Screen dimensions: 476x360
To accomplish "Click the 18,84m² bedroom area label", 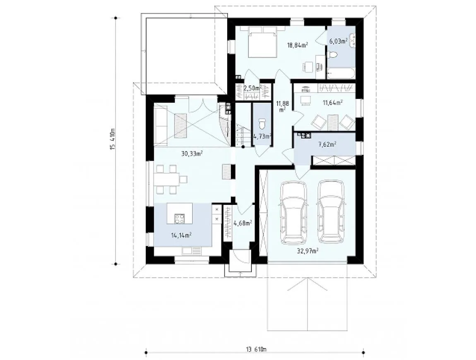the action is coord(298,46).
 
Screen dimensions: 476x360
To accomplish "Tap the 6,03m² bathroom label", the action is coord(338,41).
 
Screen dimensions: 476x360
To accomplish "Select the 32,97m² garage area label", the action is coord(308,251).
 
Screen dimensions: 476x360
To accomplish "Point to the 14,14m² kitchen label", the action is coord(181,235).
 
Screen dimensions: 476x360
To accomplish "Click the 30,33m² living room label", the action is coord(192,154).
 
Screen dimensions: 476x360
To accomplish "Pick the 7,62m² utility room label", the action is coord(327,144).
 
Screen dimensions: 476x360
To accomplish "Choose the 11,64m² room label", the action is coord(333,103).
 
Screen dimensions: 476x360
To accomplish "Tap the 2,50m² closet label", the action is coord(252,88).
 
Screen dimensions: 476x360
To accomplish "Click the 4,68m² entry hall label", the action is coord(243,223).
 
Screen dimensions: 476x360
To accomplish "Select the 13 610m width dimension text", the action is coord(255,349).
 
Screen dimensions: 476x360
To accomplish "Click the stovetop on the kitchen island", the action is coord(179,218).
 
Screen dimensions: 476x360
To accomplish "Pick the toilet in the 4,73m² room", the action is coord(262,125).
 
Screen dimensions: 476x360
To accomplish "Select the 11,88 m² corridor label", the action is coord(282,106).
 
